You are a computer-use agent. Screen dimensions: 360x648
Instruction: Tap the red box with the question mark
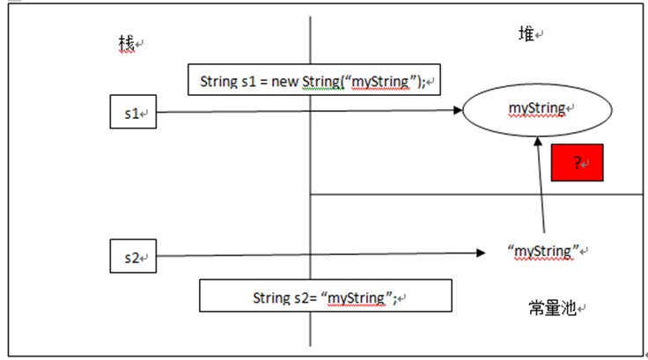pyautogui.click(x=577, y=163)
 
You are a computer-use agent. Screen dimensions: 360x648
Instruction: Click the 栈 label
pyautogui.click(x=128, y=43)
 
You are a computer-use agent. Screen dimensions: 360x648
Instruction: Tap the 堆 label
pyautogui.click(x=526, y=33)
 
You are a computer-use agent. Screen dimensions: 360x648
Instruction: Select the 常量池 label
pyautogui.click(x=551, y=308)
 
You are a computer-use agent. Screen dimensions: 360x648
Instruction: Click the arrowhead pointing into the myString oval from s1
pyautogui.click(x=457, y=111)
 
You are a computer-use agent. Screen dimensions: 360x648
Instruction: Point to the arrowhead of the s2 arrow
pyautogui.click(x=481, y=253)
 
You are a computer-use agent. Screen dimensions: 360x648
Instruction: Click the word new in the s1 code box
pyautogui.click(x=284, y=82)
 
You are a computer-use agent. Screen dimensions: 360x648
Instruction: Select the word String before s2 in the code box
pyautogui.click(x=269, y=298)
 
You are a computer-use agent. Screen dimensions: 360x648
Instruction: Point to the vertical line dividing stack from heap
pyautogui.click(x=311, y=176)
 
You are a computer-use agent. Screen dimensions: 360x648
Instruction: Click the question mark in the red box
pyautogui.click(x=577, y=163)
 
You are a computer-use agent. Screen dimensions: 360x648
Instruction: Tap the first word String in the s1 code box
pyautogui.click(x=217, y=82)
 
